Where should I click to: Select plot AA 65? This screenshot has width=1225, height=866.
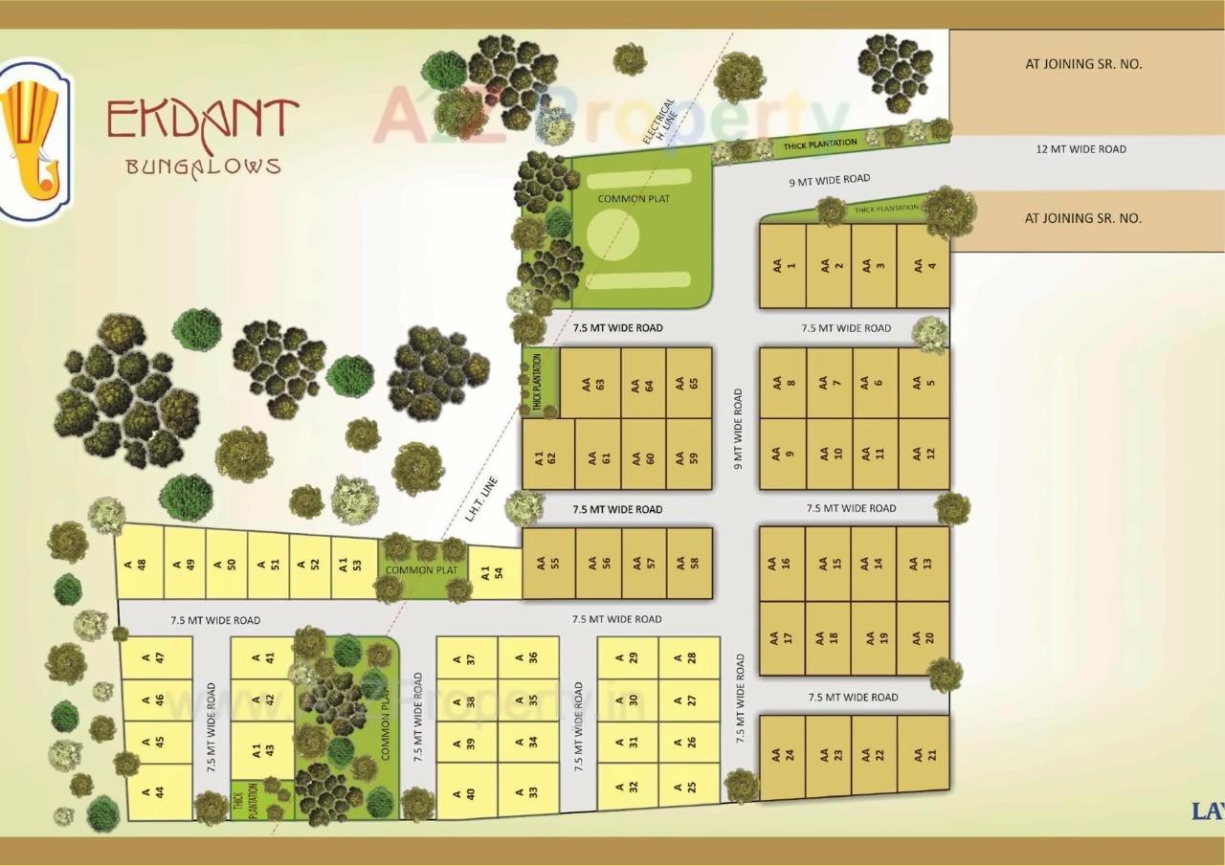pyautogui.click(x=689, y=383)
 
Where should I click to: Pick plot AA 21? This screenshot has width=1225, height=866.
pyautogui.click(x=924, y=754)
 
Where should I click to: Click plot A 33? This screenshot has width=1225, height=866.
pyautogui.click(x=527, y=790)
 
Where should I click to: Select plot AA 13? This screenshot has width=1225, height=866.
pyautogui.click(x=924, y=563)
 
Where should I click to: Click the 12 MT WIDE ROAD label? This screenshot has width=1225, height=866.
pyautogui.click(x=1081, y=149)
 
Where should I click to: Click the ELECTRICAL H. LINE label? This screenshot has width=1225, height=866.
pyautogui.click(x=660, y=121)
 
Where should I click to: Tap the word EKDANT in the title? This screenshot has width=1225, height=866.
pyautogui.click(x=202, y=119)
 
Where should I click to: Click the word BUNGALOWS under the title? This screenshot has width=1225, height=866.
pyautogui.click(x=203, y=166)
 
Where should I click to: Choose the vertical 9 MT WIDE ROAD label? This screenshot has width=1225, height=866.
pyautogui.click(x=737, y=427)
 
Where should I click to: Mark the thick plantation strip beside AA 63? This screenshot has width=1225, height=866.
pyautogui.click(x=539, y=383)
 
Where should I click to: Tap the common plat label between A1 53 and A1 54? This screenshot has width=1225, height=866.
pyautogui.click(x=421, y=570)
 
